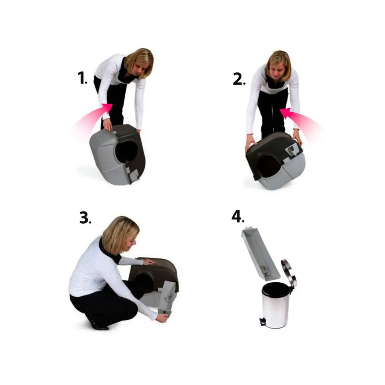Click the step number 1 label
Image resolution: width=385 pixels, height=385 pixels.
tap(82, 78)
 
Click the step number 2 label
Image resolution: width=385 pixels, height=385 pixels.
tap(239, 79)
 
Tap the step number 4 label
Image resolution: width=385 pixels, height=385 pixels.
tap(238, 217)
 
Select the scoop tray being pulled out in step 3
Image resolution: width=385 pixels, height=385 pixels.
tap(167, 298)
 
